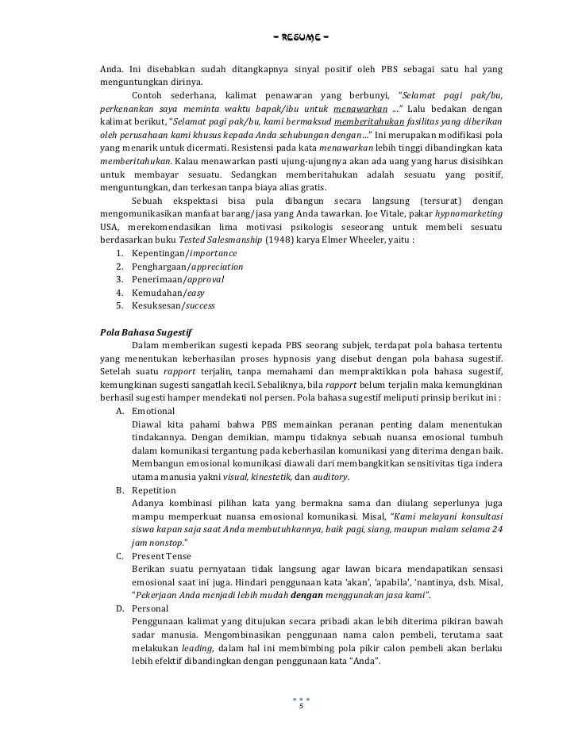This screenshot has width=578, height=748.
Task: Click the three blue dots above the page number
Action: pos(301,699)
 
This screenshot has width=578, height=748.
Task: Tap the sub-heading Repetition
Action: pos(154,491)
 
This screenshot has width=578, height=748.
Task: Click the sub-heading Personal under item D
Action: pos(150,609)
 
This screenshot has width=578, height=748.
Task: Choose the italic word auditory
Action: pos(327,478)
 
